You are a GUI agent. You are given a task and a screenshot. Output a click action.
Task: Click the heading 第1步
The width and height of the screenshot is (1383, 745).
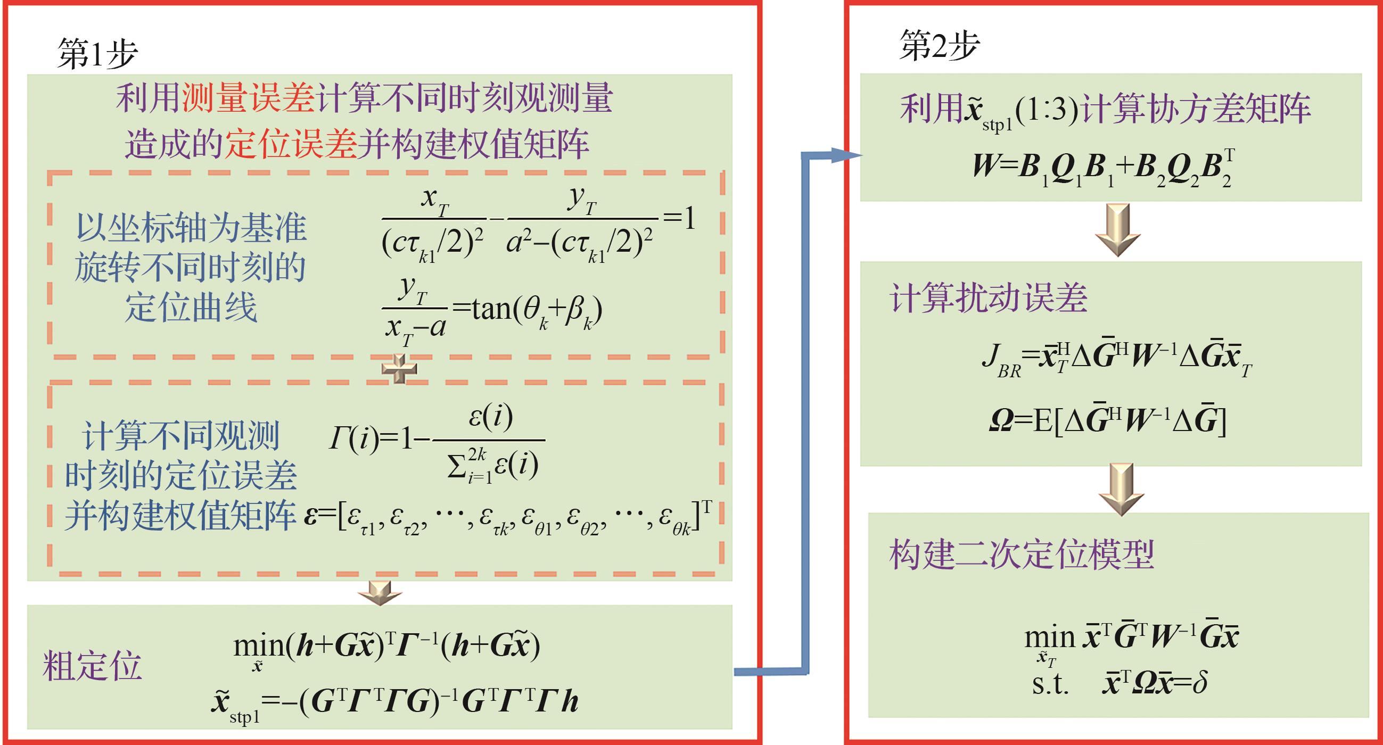[97, 54]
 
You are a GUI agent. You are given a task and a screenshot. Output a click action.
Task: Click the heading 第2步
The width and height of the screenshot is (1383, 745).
[939, 46]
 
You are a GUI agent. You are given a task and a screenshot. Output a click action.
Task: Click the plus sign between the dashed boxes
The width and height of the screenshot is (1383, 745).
[399, 369]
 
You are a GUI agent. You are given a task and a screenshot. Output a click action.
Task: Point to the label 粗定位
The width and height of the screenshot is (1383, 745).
[92, 666]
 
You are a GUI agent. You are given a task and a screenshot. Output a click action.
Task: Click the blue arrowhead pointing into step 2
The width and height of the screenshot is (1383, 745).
[846, 156]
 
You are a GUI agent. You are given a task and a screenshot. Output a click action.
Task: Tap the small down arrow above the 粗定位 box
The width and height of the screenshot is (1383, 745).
[380, 593]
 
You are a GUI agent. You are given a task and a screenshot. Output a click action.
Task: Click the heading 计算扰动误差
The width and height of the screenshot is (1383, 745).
[989, 298]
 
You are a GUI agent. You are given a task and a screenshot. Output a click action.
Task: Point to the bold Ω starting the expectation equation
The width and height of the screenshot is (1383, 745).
[1001, 422]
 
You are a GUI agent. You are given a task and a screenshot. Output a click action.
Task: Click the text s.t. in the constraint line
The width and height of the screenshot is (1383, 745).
[1050, 684]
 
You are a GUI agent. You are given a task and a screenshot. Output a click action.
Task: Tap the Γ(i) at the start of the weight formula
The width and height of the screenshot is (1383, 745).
[354, 440]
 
